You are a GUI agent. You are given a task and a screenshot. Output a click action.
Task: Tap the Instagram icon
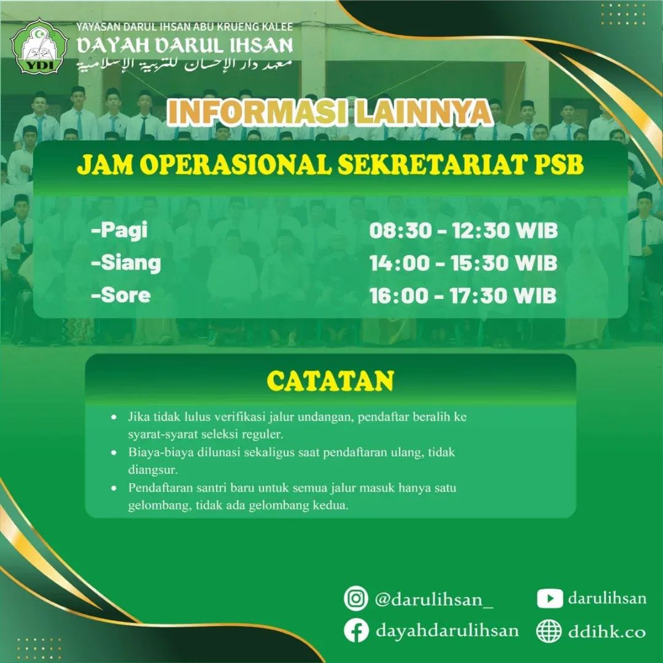(x=355, y=599)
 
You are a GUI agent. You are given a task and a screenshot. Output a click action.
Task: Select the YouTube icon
(x=549, y=599)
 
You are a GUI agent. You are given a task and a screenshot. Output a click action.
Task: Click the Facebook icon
(x=356, y=630)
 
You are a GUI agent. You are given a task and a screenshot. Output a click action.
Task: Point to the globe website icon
(x=549, y=631)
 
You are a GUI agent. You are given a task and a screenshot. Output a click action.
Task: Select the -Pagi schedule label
(x=119, y=231)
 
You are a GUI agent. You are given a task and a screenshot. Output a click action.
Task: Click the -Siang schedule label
(x=126, y=263)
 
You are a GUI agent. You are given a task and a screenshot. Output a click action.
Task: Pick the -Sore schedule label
(x=120, y=295)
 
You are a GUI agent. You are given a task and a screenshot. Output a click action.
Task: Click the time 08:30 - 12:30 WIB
(x=463, y=231)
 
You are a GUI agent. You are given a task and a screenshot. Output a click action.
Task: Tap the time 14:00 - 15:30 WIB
(x=463, y=263)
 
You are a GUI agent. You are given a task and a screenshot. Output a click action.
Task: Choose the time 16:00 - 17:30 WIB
(x=463, y=295)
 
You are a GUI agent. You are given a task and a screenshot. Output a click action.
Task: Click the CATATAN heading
(x=331, y=381)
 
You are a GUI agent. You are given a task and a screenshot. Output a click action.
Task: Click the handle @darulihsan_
(x=434, y=599)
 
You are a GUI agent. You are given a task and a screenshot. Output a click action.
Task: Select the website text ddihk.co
(x=607, y=631)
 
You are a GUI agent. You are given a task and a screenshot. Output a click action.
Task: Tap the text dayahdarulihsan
(x=447, y=631)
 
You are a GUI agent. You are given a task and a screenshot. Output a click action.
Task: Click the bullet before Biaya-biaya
(x=114, y=452)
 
